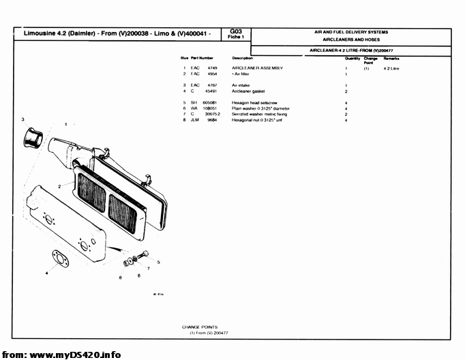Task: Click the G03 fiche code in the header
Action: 236,31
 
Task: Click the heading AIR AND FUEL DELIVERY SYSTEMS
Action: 351,32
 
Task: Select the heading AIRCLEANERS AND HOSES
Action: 351,40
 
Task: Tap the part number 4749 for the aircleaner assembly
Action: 212,68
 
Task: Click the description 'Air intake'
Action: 243,85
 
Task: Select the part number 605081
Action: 209,102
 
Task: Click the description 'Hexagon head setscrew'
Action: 254,102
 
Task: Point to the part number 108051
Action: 209,108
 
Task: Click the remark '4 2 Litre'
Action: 391,68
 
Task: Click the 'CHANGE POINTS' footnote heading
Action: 199,327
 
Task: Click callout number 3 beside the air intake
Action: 22,119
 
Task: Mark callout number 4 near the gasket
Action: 47,272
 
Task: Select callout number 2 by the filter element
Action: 59,185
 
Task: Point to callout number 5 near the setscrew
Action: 158,262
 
